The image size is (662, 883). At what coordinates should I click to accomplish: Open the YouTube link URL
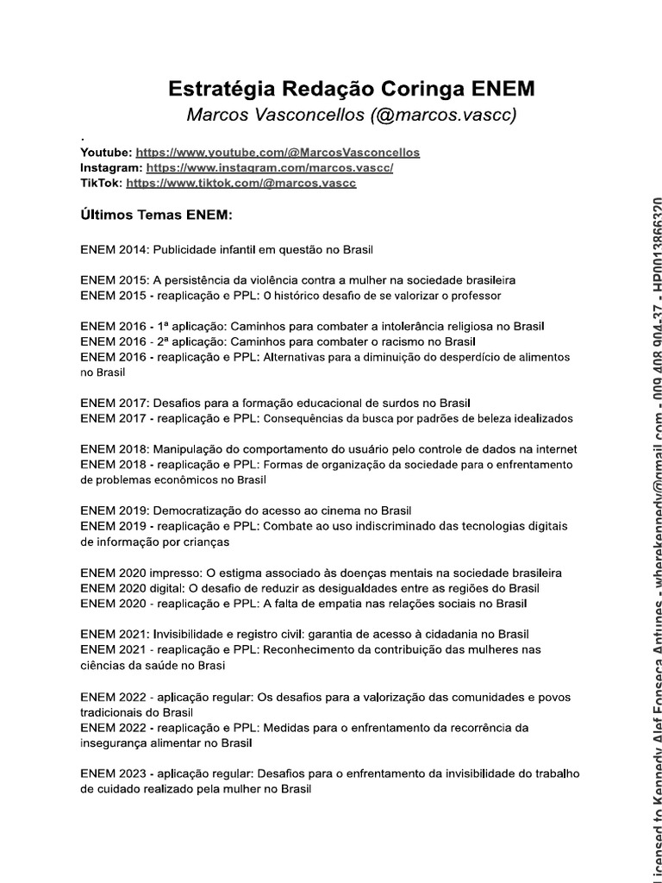pos(278,152)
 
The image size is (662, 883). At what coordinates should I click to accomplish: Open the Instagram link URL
pos(270,167)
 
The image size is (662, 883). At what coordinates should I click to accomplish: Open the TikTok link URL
pos(240,183)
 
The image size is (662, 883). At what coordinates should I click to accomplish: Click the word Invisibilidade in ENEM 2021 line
pos(193,634)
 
